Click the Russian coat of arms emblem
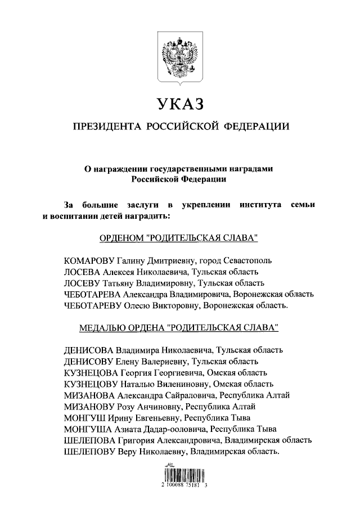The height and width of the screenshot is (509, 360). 180,56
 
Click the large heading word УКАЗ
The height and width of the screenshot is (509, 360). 180,104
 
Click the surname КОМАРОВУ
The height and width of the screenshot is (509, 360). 89,261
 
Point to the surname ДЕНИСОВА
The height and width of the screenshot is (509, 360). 89,349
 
